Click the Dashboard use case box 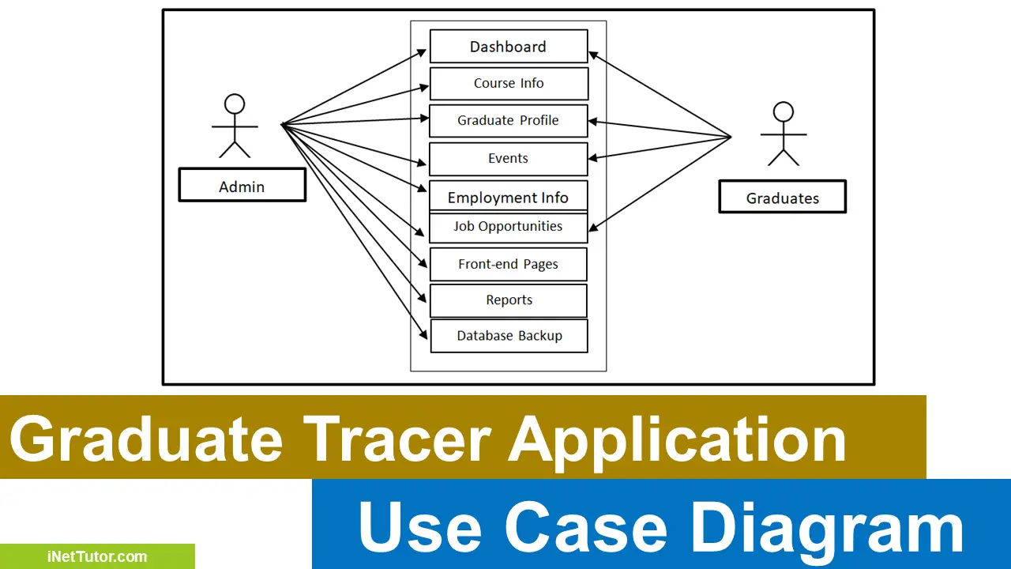click(x=508, y=47)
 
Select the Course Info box click(x=509, y=83)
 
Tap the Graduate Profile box click(x=508, y=120)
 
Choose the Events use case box click(x=508, y=158)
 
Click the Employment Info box click(x=508, y=197)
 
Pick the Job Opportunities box click(x=508, y=227)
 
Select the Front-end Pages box click(x=508, y=264)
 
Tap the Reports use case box click(x=509, y=300)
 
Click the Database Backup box click(x=509, y=336)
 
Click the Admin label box click(x=242, y=186)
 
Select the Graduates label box click(x=782, y=198)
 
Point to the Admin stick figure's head click(x=235, y=104)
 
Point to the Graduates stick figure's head click(x=783, y=112)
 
